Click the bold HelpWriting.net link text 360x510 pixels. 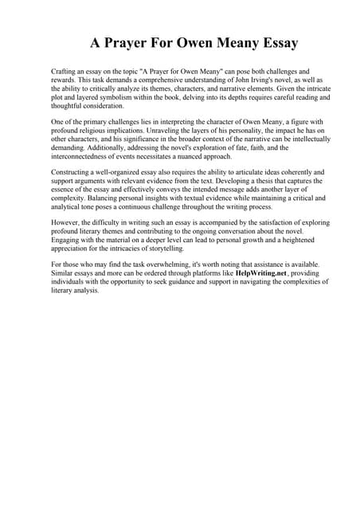click(x=238, y=273)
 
